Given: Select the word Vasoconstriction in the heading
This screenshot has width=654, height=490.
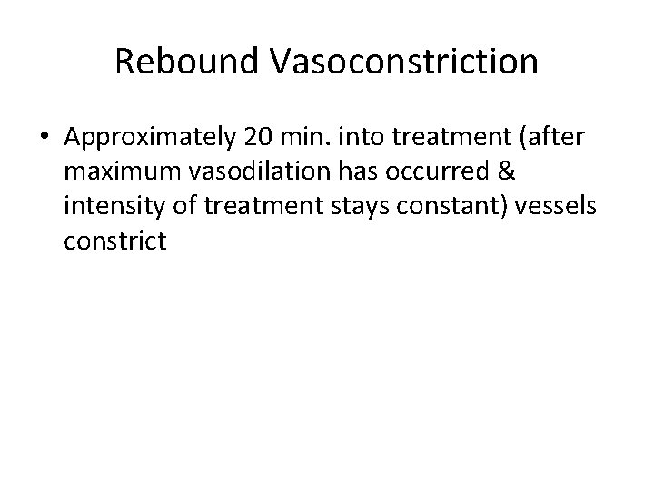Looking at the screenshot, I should coord(403,62).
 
